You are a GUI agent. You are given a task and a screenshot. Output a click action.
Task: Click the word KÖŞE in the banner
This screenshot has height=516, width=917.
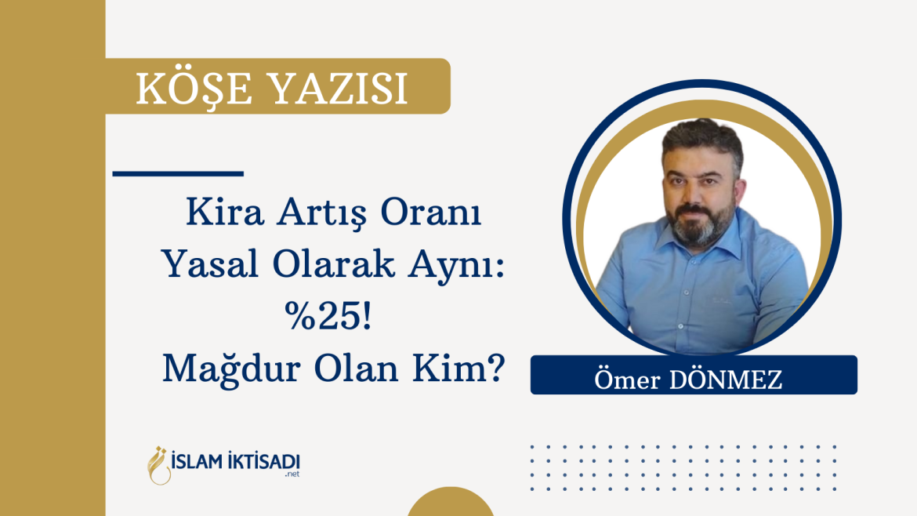pyautogui.click(x=194, y=88)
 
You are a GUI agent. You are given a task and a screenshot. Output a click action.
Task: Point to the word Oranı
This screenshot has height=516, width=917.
pyautogui.click(x=431, y=213)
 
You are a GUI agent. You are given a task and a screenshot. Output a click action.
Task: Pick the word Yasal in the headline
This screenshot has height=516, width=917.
pyautogui.click(x=211, y=264)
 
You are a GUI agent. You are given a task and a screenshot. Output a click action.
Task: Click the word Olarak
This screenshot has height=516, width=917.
pyautogui.click(x=333, y=264)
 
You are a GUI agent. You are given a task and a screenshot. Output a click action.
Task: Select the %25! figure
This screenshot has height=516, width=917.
pyautogui.click(x=328, y=317)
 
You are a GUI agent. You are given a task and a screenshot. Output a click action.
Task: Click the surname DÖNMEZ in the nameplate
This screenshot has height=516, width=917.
pyautogui.click(x=726, y=379)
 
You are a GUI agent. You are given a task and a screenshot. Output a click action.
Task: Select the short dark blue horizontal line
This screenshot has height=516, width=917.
pyautogui.click(x=178, y=174)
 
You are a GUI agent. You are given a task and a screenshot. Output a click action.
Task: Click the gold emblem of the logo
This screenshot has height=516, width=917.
pyautogui.click(x=158, y=466)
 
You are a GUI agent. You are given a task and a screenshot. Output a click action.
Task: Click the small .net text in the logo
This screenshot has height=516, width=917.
pyautogui.click(x=292, y=474)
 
